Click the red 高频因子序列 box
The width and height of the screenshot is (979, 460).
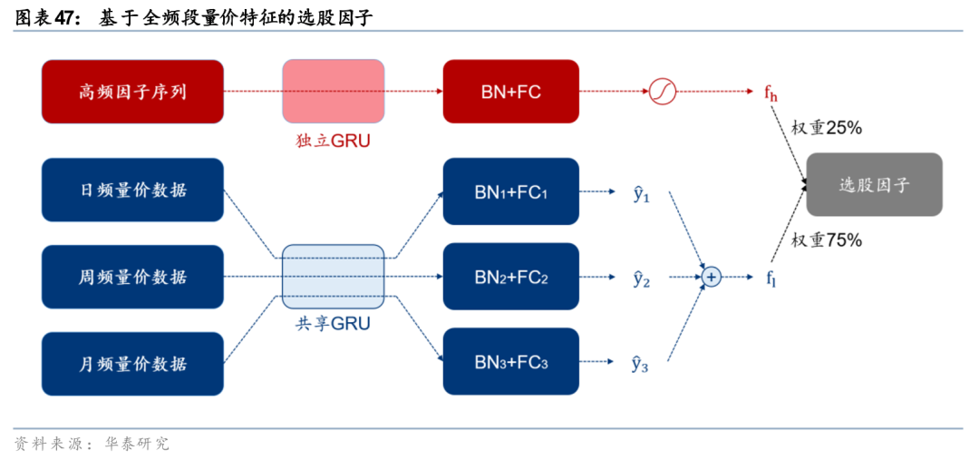132,92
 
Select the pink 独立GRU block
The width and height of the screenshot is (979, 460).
333,92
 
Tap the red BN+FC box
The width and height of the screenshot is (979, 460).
510,92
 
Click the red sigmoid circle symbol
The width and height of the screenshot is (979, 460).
663,92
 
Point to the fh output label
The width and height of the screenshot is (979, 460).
771,92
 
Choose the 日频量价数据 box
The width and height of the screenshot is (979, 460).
132,190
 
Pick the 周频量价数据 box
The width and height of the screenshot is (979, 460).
132,277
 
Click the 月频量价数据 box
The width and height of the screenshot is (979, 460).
132,364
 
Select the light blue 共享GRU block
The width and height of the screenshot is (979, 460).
333,276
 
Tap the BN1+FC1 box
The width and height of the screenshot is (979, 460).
510,191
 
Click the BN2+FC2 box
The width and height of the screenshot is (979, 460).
510,277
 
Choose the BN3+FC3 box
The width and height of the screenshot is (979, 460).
510,362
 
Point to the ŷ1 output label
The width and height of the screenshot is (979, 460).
641,193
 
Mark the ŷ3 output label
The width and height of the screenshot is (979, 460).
641,364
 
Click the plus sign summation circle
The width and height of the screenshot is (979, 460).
712,277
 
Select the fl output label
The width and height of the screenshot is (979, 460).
771,278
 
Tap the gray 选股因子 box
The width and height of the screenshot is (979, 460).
874,184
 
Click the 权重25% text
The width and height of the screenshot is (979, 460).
826,129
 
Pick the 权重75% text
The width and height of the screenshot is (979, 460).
826,240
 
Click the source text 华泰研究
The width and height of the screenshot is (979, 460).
137,444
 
